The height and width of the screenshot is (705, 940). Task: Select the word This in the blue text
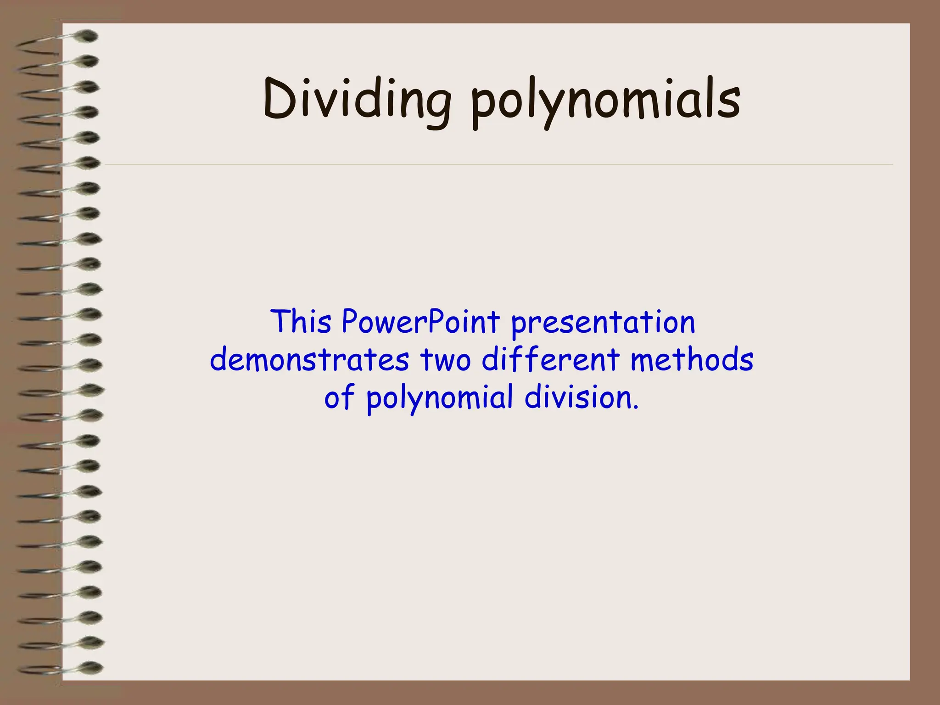coord(301,322)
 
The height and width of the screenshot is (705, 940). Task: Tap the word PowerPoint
coord(420,322)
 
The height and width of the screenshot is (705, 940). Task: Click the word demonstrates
coord(309,360)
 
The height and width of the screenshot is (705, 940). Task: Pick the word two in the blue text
coord(445,360)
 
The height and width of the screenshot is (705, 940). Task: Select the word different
coord(550,360)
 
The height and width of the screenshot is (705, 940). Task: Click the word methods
coord(692,360)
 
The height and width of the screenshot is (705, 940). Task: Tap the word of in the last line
coord(339,397)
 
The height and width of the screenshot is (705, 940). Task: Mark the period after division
coord(635,407)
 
